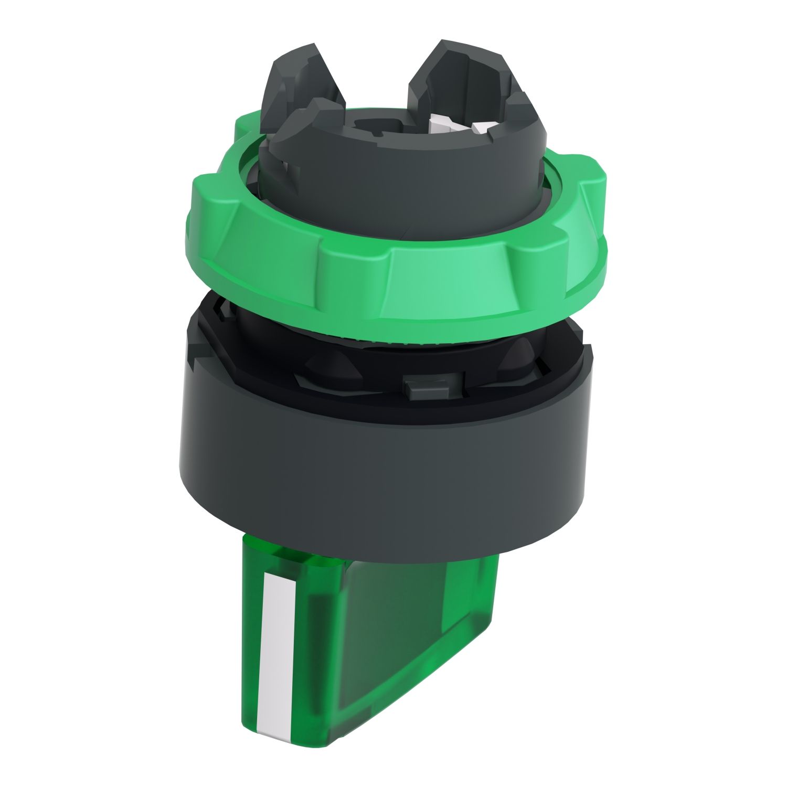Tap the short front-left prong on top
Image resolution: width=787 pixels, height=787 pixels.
(304, 126)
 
